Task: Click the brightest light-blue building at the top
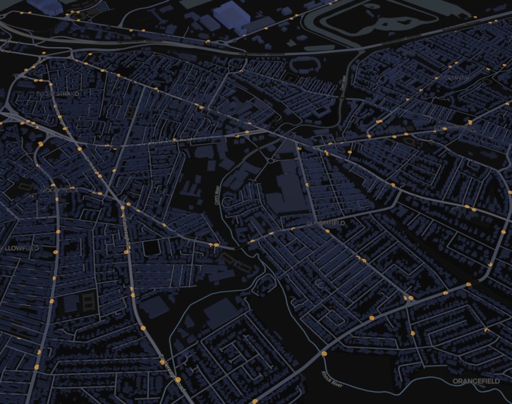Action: [236, 14]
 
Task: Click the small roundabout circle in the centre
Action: [270, 161]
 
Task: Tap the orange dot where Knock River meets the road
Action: [324, 353]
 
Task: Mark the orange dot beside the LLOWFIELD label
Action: [54, 251]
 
